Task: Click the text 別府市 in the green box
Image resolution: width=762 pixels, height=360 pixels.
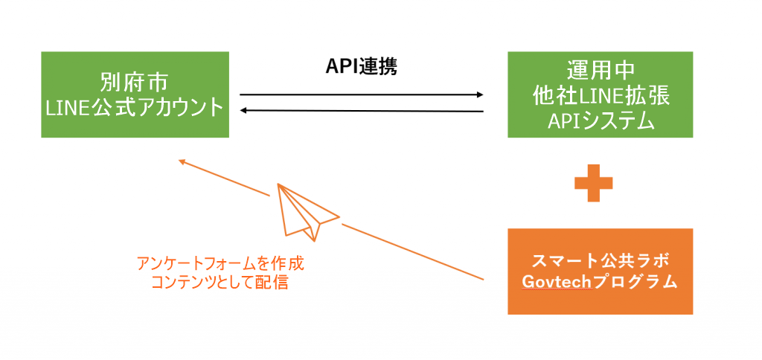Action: (x=134, y=83)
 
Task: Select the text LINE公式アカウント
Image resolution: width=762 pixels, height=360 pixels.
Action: (x=135, y=107)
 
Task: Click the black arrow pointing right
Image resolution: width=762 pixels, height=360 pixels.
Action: (x=362, y=94)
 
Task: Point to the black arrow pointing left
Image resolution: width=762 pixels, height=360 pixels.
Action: (x=362, y=111)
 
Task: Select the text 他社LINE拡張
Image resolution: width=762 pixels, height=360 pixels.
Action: (x=601, y=96)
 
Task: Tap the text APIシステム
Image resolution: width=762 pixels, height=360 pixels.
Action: (x=601, y=120)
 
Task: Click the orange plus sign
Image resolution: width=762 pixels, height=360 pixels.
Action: (x=593, y=183)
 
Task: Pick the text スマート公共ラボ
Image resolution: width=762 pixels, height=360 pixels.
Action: (x=601, y=260)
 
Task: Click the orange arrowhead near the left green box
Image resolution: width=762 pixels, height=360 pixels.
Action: (x=183, y=162)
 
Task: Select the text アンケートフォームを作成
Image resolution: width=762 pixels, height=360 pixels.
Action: (x=220, y=264)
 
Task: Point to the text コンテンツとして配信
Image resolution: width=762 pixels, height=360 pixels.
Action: (x=220, y=283)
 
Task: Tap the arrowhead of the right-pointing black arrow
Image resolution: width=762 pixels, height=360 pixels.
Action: (x=480, y=94)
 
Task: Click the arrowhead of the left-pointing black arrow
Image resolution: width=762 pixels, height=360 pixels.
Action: (x=244, y=111)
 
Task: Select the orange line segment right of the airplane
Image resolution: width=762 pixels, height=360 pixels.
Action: (x=413, y=251)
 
